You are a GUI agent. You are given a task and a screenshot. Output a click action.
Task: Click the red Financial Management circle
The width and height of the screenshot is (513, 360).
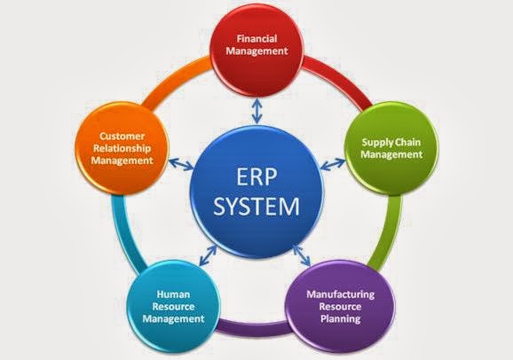(x=256, y=50)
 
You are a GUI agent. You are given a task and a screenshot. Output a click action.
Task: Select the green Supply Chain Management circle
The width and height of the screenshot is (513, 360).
(x=392, y=149)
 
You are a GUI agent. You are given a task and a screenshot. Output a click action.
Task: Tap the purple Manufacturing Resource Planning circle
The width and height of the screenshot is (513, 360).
(x=340, y=307)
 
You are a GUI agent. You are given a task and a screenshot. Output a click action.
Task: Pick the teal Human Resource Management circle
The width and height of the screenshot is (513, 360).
(x=173, y=307)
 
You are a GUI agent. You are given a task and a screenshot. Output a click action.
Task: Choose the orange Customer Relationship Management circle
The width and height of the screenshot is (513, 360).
(x=122, y=148)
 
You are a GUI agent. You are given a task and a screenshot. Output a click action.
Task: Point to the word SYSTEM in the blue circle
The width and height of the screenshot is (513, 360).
(x=256, y=206)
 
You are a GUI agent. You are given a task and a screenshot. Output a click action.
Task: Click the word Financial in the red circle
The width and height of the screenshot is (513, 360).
(x=256, y=39)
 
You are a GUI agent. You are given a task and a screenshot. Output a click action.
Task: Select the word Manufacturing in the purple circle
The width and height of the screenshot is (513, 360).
(x=340, y=294)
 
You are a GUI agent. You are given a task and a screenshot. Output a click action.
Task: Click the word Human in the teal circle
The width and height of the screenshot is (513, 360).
(x=173, y=294)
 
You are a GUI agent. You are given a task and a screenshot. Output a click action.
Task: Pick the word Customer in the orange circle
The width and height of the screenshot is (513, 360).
(x=122, y=136)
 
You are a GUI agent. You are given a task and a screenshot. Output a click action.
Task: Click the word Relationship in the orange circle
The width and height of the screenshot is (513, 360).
(x=122, y=148)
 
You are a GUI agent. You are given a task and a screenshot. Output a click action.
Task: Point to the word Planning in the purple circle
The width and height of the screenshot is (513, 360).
(x=340, y=318)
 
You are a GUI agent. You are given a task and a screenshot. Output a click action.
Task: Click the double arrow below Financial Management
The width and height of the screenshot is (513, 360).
(x=257, y=111)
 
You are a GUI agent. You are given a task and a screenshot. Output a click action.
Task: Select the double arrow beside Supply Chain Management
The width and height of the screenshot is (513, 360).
(x=333, y=164)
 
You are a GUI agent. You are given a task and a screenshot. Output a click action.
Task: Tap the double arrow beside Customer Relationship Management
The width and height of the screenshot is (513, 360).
(x=181, y=164)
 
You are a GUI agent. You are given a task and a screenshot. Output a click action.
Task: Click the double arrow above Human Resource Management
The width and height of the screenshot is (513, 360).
(x=208, y=254)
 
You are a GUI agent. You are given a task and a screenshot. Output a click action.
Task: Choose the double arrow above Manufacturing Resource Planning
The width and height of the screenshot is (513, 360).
(x=302, y=255)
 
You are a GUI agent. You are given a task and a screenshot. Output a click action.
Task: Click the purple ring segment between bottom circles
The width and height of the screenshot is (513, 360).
(x=253, y=328)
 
